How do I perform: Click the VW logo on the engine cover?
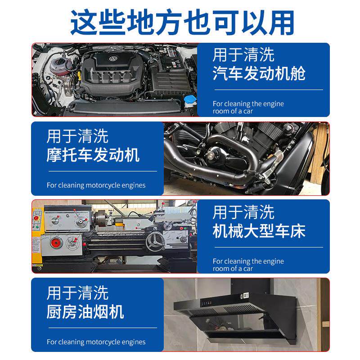click(113, 59)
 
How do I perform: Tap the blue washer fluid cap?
click(190, 99)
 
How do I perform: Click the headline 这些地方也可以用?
click(182, 22)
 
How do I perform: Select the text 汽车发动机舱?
click(259, 73)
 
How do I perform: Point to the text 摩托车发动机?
click(93, 155)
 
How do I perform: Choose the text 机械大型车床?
click(259, 231)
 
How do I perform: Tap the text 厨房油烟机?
click(85, 312)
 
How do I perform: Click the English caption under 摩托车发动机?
click(96, 185)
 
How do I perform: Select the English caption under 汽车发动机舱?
click(248, 107)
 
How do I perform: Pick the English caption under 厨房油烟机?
click(96, 342)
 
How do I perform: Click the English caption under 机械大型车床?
click(248, 265)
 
